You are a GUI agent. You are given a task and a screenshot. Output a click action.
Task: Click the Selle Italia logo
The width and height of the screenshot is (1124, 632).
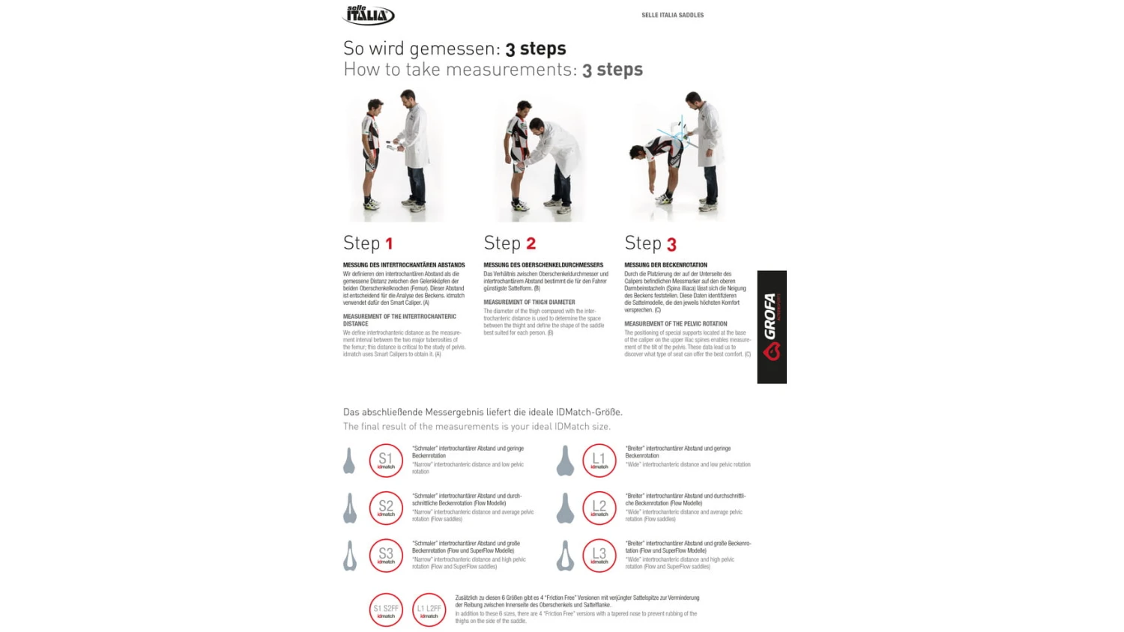369,14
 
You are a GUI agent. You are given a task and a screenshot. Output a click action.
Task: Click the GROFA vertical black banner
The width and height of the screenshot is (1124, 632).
771,327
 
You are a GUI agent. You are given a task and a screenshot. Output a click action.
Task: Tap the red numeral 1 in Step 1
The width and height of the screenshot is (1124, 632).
389,244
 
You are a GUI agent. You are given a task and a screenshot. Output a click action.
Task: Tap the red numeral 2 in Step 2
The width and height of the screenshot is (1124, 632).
531,244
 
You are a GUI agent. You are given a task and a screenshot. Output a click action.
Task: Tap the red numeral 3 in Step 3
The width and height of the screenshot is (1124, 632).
671,245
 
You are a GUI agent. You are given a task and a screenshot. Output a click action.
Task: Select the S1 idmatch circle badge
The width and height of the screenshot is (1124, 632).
386,461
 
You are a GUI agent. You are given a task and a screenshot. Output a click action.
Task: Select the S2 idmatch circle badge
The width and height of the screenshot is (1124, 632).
386,508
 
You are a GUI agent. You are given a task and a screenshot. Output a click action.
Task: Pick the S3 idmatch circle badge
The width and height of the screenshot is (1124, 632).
386,556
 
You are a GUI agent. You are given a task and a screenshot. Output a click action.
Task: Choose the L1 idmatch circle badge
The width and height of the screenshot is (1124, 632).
599,461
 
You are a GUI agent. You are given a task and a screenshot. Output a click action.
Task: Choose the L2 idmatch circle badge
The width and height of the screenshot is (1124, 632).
599,508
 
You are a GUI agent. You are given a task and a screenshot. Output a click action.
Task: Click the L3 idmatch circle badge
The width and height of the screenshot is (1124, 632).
599,556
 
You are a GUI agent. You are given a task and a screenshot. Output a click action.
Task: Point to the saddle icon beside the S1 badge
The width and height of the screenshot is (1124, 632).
349,461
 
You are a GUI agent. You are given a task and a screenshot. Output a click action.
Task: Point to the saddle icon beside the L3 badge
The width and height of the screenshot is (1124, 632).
565,556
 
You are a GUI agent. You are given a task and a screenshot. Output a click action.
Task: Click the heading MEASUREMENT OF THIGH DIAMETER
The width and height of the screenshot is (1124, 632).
529,303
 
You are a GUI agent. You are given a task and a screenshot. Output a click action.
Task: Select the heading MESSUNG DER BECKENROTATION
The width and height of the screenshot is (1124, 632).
665,265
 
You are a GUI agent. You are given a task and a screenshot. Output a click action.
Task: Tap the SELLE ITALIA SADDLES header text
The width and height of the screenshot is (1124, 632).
672,15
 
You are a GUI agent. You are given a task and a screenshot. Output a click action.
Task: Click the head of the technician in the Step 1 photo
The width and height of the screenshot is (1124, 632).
408,98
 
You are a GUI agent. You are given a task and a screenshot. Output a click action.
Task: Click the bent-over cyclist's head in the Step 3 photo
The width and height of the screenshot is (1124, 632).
636,154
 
